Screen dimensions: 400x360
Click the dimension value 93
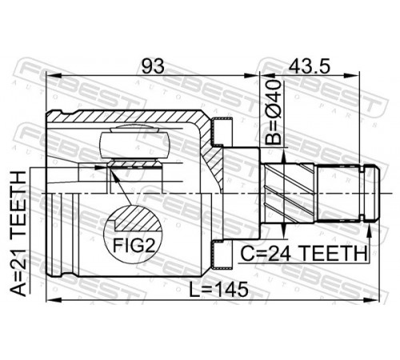coord(153,66)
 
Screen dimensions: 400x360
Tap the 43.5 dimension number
coord(310,66)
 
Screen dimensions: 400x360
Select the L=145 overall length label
coord(218,290)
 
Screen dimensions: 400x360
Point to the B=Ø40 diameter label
coord(274,112)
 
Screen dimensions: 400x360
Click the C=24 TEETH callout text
coord(304,254)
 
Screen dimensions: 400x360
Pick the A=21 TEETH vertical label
coord(18,234)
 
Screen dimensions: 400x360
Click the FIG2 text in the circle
coord(134,246)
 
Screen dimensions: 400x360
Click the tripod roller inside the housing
coord(134,144)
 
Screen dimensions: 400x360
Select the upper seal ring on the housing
coord(222,132)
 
